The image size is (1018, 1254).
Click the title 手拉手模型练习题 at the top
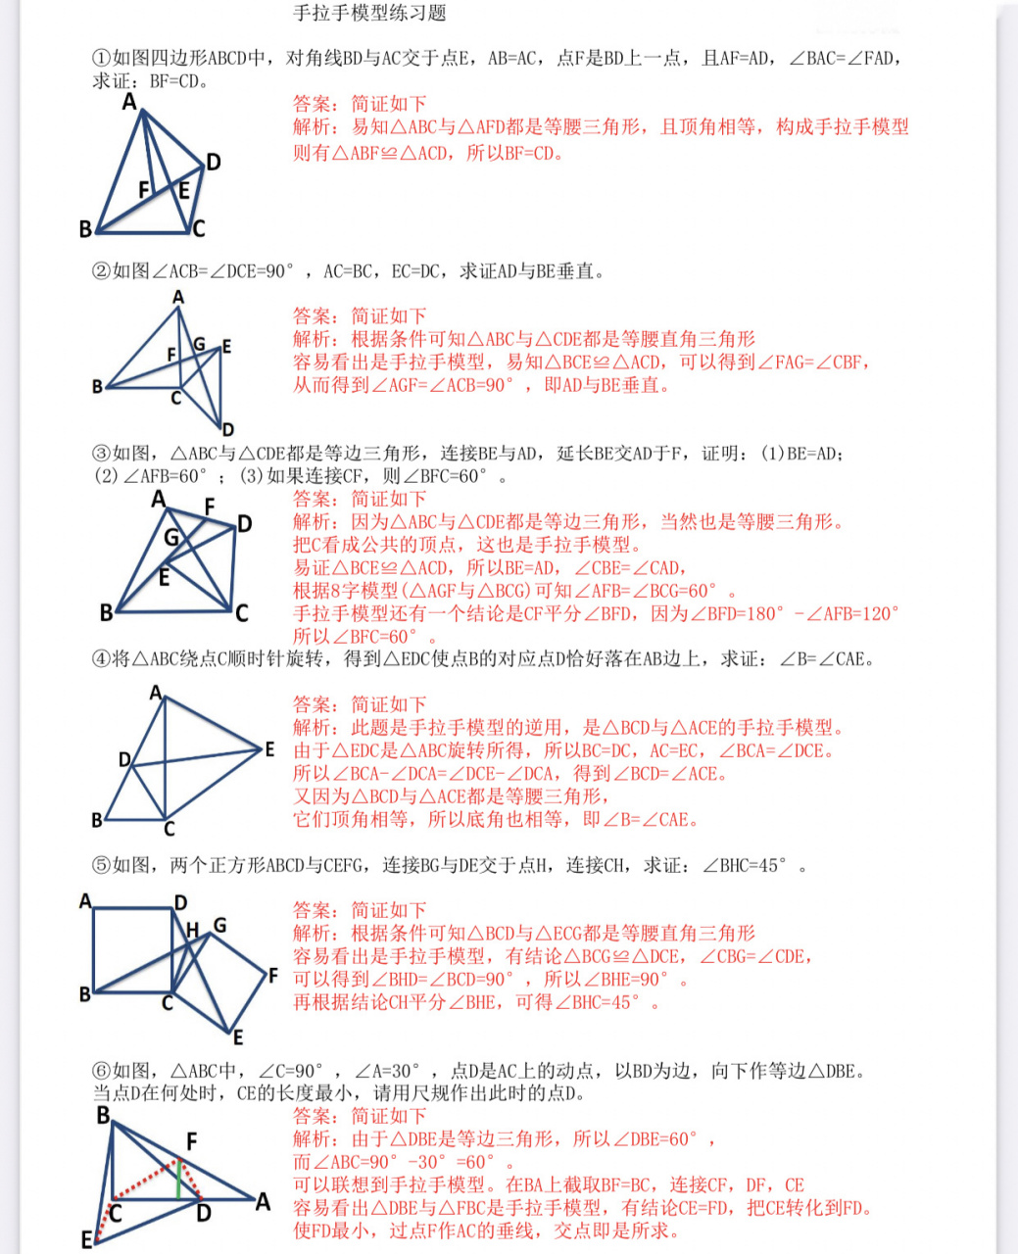pos(369,13)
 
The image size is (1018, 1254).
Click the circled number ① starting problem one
pos(102,58)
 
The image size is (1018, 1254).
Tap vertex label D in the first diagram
pos(213,162)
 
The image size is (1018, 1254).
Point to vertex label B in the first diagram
pos(85,229)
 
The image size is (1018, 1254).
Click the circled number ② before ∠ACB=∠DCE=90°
pos(102,271)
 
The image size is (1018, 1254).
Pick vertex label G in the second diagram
pos(199,344)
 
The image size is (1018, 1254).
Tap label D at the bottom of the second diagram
pos(227,429)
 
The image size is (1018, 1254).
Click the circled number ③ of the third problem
pos(102,454)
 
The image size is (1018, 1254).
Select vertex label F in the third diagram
pos(209,506)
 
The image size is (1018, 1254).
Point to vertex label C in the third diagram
pos(241,613)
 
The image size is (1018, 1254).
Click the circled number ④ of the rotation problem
pos(102,659)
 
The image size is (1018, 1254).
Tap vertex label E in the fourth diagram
pos(269,749)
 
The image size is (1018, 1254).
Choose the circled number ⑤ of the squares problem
pos(102,865)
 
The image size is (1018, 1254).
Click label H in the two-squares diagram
pos(192,929)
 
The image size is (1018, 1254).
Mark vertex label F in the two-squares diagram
pos(273,975)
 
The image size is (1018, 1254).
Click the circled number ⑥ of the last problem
pos(102,1071)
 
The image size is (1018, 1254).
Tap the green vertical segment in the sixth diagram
pos(178,1180)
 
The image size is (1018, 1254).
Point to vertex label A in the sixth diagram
pos(263,1201)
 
